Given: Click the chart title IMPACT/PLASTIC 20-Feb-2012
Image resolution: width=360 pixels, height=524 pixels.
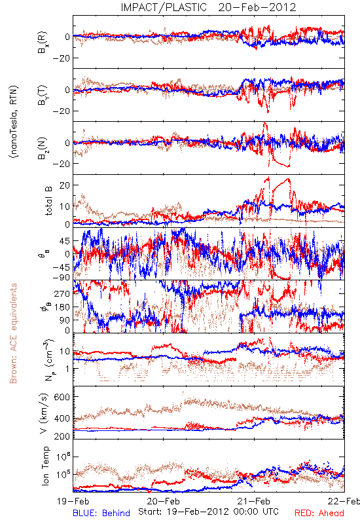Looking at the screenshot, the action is point(208,7).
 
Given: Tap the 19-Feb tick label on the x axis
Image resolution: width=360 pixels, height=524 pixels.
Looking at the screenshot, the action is point(73,501).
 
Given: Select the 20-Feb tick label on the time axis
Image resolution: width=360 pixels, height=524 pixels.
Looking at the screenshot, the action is point(164,501).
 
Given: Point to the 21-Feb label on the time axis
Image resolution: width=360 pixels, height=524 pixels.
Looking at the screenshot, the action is point(254,501).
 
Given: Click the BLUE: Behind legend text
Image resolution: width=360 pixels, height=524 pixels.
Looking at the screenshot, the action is point(101,513).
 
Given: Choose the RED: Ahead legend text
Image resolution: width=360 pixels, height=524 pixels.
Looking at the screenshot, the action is point(319,513).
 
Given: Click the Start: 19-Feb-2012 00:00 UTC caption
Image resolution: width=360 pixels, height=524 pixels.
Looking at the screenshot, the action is point(208,512).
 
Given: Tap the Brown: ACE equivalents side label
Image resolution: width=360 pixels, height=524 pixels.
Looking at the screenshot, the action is point(13,333).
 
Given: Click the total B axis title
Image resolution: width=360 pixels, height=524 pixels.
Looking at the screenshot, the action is point(48,201).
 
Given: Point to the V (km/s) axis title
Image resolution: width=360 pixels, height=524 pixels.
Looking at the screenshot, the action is point(44,413).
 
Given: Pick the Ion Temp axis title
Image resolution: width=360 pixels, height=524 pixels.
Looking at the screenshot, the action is point(45,466).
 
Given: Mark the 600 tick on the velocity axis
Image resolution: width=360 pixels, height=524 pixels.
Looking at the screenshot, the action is point(62,397).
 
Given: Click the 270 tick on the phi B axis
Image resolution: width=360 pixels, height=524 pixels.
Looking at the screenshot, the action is point(62,293).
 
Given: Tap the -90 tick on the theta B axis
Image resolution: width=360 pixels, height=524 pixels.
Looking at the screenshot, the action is point(61,277).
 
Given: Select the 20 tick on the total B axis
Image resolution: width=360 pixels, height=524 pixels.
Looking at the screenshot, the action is point(64,185).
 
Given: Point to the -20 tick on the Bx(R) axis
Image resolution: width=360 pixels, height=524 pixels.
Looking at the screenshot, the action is point(61,58).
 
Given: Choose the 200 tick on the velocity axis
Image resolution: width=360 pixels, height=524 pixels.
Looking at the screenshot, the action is point(62,436).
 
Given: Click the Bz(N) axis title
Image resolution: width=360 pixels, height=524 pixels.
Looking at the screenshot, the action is point(43,148).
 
